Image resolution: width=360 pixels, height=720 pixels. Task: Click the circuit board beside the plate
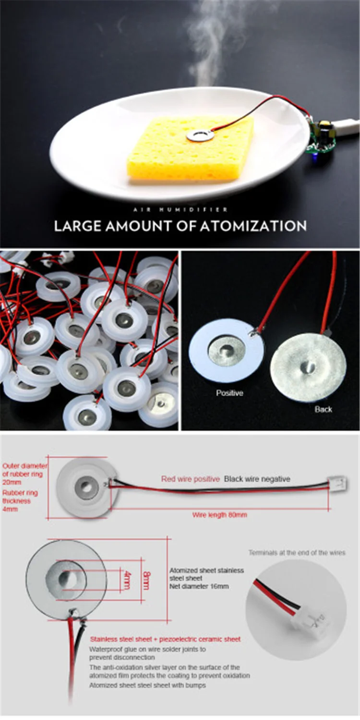(322, 137)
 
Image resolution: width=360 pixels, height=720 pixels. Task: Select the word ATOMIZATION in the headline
(253, 226)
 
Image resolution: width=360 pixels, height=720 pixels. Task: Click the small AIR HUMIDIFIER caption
(180, 210)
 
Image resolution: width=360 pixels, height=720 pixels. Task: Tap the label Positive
(229, 393)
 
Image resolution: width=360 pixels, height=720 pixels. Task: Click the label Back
(324, 409)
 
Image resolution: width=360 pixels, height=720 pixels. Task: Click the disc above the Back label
(308, 367)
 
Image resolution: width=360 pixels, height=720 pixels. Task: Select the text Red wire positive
(190, 479)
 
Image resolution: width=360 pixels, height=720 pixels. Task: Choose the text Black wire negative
(257, 479)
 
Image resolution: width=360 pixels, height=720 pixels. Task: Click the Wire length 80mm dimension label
(219, 515)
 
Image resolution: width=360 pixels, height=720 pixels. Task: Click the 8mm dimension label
(146, 580)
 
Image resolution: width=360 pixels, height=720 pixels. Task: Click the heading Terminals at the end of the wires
(297, 552)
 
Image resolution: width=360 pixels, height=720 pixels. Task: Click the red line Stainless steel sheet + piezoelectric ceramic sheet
(165, 639)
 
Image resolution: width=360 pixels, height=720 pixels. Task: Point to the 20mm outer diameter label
(12, 482)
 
